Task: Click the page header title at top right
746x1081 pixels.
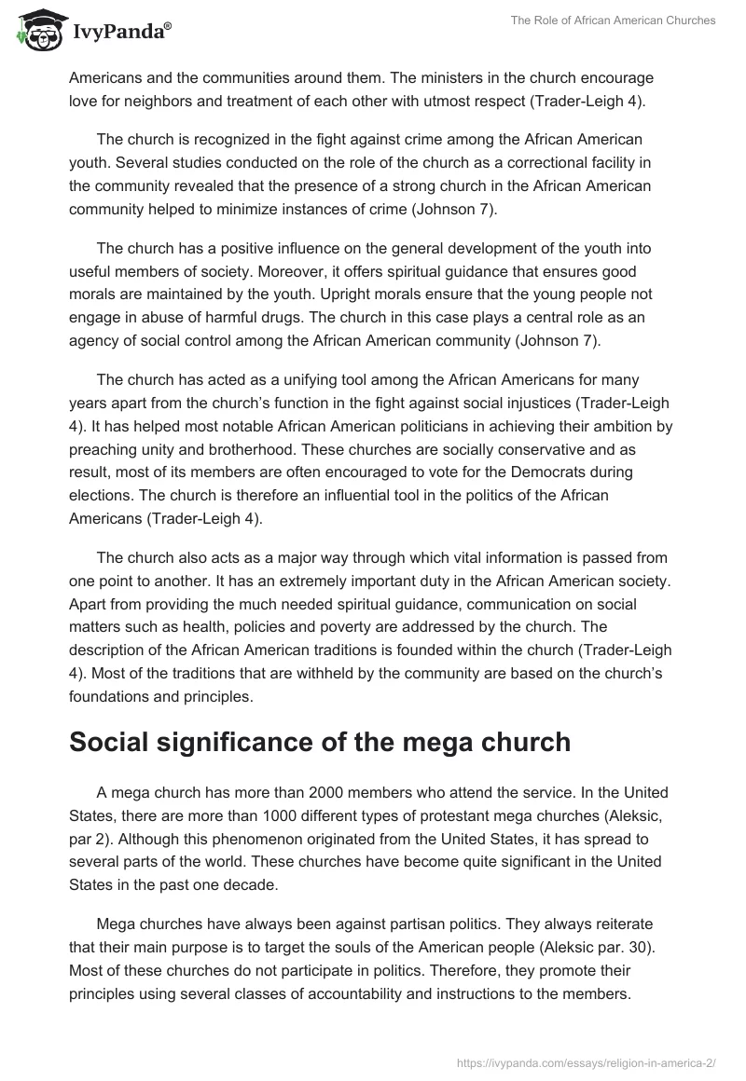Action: [x=613, y=21]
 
